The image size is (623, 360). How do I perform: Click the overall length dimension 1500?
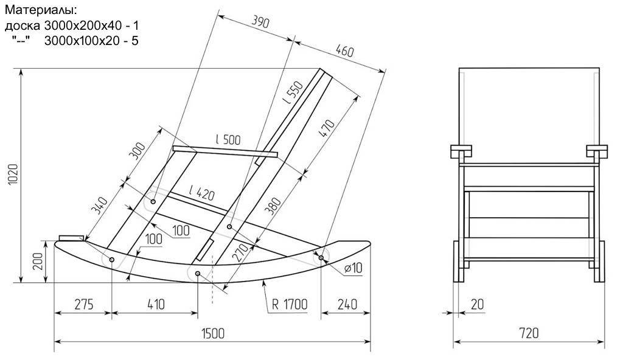[x=212, y=333]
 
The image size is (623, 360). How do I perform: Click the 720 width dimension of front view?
[x=529, y=333]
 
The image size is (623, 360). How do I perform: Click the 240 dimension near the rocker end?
[x=345, y=303]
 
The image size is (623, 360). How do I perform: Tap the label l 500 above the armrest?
[x=228, y=139]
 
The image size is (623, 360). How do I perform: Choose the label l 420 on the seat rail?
[x=202, y=194]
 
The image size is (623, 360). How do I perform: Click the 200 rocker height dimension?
[x=38, y=261]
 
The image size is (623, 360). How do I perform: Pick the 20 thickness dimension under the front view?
[x=477, y=303]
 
